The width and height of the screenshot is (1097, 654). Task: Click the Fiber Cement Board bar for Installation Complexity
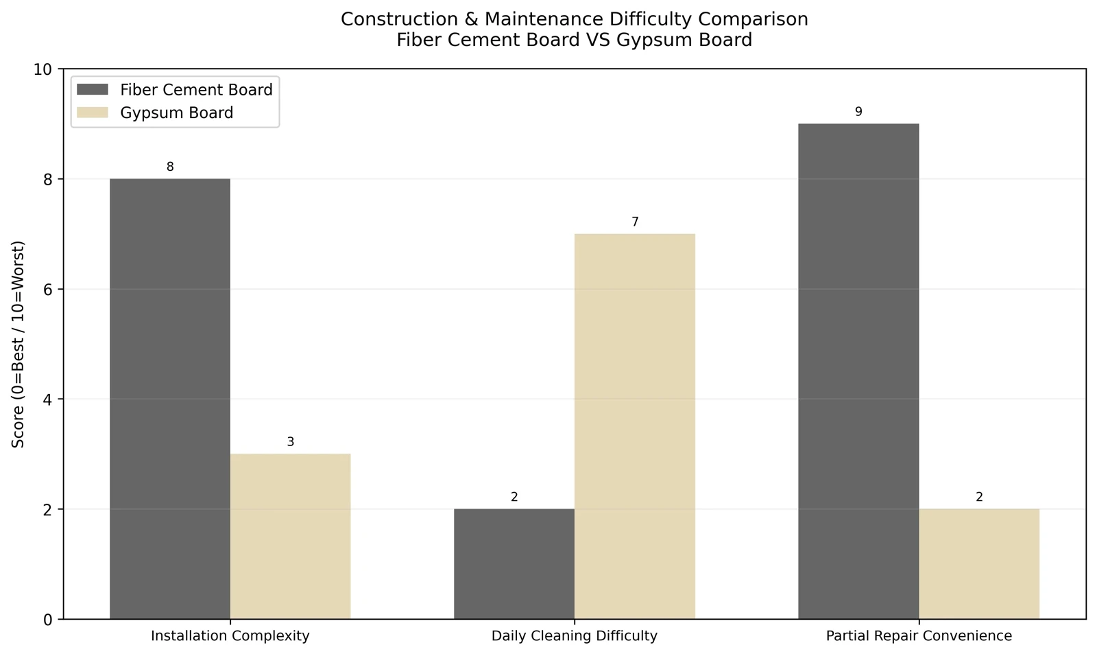170,399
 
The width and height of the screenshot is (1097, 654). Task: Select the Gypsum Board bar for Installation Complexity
291,537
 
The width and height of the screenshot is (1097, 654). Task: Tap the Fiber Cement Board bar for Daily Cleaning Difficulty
514,564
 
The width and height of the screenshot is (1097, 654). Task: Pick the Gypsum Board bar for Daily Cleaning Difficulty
635,427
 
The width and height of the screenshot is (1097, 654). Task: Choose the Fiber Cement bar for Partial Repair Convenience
858,372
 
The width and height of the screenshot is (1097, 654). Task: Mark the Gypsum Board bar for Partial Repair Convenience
979,564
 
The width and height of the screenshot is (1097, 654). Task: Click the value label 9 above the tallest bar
858,112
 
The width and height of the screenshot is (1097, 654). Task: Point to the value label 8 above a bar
170,167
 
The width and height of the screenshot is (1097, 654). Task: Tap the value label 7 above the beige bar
635,222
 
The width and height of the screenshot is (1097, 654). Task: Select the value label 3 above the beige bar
291,442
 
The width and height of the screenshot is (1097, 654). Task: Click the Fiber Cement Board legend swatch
93,89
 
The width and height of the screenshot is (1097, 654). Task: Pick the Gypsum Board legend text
177,113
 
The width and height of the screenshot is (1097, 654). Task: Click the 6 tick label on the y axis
47,289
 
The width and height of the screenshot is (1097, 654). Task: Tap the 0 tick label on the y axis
47,620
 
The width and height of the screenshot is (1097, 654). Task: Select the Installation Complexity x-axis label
230,636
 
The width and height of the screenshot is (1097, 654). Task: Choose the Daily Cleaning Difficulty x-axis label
575,636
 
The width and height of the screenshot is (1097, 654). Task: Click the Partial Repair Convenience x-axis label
919,636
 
